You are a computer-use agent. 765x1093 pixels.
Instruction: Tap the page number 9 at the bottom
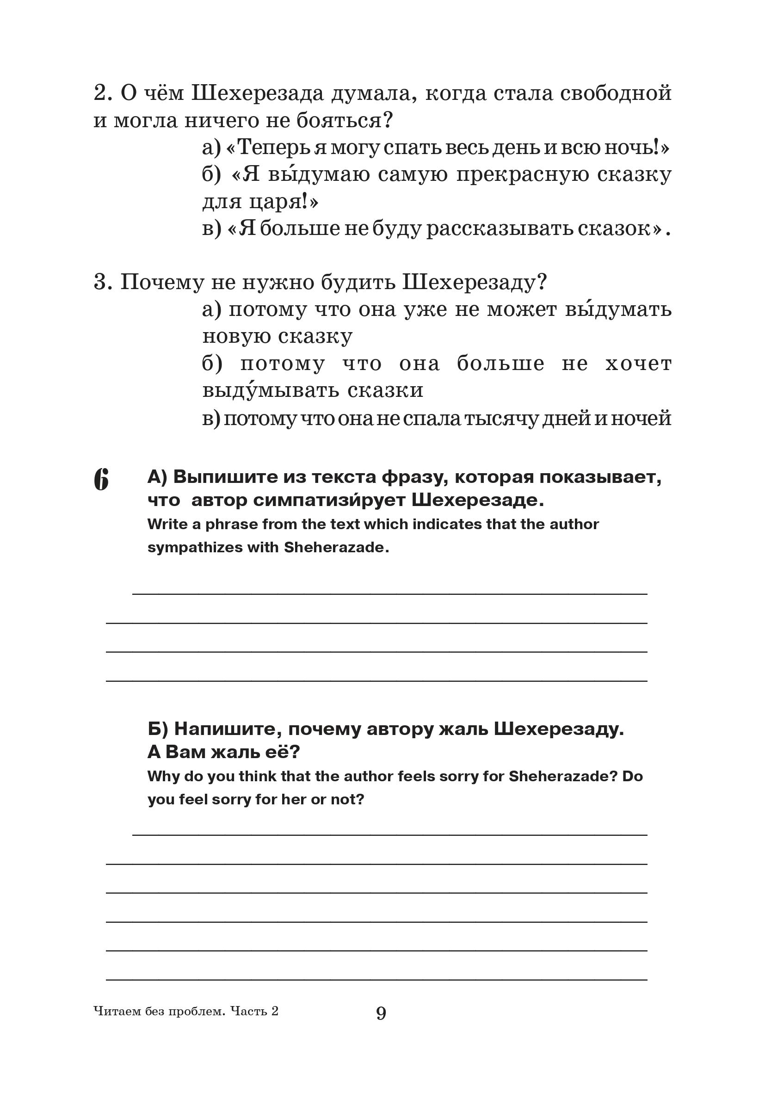tap(381, 1013)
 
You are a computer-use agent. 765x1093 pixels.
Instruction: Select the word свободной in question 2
tap(616, 93)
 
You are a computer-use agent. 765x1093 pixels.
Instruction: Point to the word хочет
tap(638, 364)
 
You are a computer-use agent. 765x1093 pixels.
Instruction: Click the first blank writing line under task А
tap(389, 593)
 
